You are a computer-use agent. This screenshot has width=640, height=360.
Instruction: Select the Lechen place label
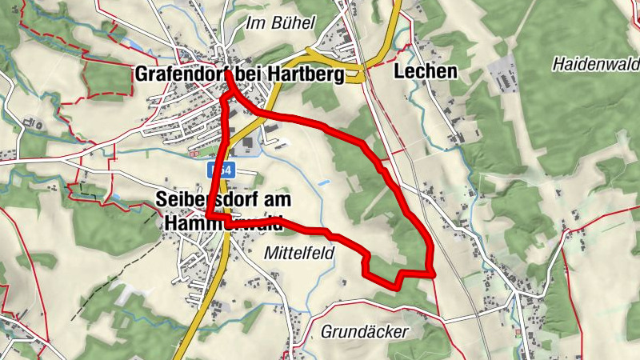[x=426, y=72]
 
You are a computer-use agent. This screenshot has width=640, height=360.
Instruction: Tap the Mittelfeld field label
[x=297, y=253]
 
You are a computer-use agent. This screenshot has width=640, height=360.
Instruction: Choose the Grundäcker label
[x=364, y=331]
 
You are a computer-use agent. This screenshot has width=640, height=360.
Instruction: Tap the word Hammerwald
[x=224, y=225]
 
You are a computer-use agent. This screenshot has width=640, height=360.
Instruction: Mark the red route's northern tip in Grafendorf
[x=229, y=74]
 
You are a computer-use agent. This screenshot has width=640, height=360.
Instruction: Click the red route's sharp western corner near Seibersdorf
[x=208, y=215]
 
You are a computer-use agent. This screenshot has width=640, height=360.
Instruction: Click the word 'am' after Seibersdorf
[x=274, y=199]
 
